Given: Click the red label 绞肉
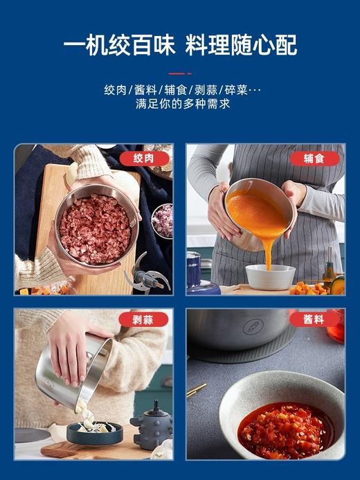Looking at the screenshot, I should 144,159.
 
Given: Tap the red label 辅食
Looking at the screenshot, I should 315,159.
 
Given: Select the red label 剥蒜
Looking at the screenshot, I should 144,319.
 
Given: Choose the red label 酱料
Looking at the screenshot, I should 315,319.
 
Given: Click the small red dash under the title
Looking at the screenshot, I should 179,73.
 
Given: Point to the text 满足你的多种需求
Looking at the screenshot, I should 179,105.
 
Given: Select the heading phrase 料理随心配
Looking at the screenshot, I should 242,46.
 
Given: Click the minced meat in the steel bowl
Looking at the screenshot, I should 95,229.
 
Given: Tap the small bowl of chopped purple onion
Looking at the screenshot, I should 162,220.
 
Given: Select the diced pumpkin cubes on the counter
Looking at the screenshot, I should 310,287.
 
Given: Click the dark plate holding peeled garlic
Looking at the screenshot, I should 94,432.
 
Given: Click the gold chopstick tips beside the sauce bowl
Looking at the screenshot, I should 195,390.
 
